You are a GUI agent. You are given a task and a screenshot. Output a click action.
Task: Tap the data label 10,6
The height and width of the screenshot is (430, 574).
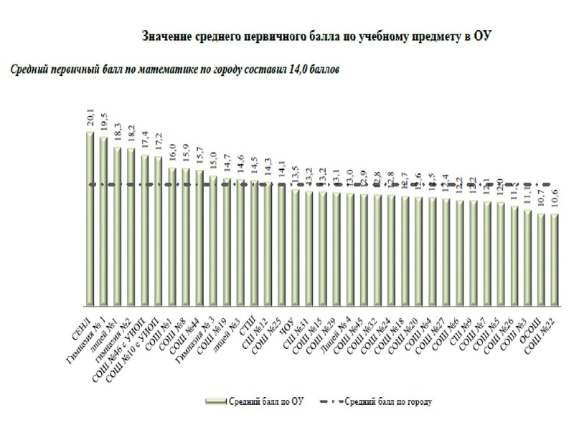555,201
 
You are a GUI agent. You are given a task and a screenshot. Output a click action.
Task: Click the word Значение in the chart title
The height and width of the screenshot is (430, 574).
170,35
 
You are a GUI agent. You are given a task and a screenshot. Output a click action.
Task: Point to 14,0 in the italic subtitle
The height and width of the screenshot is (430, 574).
288,70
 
